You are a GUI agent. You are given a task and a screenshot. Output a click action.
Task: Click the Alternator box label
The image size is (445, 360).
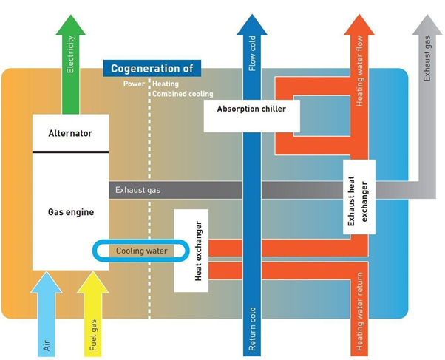pyautogui.click(x=69, y=134)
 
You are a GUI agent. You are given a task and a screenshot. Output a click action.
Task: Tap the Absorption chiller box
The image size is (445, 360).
pyautogui.click(x=251, y=109)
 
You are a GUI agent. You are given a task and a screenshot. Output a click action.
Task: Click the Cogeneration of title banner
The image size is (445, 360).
pyautogui.click(x=152, y=69)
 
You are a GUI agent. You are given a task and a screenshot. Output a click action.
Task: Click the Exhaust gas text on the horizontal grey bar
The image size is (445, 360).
pyautogui.click(x=137, y=190)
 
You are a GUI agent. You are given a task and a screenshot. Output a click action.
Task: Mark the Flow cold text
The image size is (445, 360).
pyautogui.click(x=252, y=55)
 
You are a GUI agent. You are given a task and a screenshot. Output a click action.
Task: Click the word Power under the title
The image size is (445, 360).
pyautogui.click(x=134, y=84)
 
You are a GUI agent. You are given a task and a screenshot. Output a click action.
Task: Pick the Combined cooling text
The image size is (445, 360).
pyautogui.click(x=183, y=95)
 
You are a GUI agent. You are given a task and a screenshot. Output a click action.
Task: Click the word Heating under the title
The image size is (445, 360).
pyautogui.click(x=166, y=84)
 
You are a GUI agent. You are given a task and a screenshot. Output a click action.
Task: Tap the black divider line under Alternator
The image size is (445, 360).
pyautogui.click(x=69, y=152)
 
